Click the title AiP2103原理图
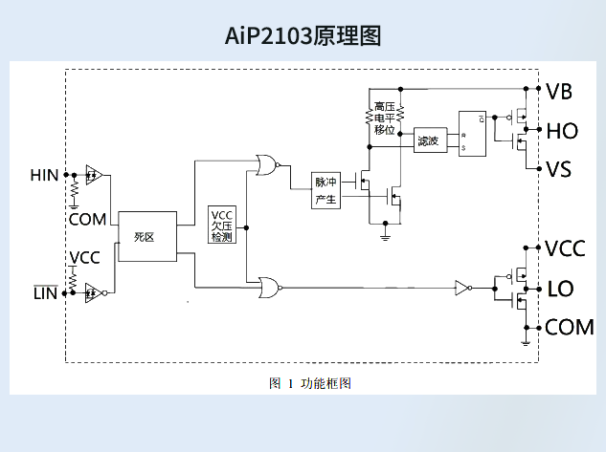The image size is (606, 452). click(303, 36)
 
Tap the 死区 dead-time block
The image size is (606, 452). click(147, 236)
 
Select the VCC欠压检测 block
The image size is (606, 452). click(221, 225)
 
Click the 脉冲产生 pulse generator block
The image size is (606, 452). click(325, 191)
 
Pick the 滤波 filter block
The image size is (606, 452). click(428, 141)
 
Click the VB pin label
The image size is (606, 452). click(559, 92)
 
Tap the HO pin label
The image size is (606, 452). click(561, 131)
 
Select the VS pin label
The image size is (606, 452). click(559, 170)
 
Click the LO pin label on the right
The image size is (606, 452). click(560, 288)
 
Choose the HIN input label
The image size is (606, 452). click(44, 175)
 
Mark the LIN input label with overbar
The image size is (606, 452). click(45, 292)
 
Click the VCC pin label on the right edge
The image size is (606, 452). click(565, 249)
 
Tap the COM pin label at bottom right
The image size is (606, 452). click(569, 328)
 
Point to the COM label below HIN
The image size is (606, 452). click(87, 219)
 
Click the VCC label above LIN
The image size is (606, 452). click(84, 257)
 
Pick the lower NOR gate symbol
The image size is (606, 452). click(268, 286)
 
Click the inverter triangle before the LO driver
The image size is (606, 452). click(462, 286)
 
